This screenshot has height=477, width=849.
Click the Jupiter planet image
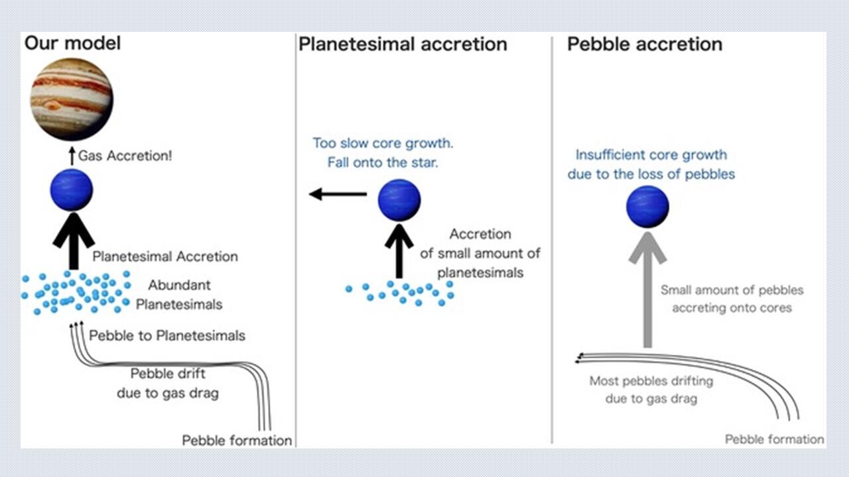72,99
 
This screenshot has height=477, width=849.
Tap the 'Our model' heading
73,44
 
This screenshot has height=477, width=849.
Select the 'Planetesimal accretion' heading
403,44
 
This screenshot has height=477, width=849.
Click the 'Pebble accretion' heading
644,44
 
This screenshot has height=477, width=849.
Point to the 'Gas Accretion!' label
125,157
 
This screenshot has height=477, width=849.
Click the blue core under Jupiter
72,190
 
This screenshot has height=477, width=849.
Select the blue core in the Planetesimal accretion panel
399,200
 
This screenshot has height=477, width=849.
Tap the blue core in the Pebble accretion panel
647,207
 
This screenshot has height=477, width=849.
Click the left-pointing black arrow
338,194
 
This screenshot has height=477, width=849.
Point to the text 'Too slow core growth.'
383,143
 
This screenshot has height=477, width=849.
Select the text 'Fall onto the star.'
383,162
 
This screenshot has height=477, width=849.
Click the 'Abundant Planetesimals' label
185,295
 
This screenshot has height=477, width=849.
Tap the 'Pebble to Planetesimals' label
167,335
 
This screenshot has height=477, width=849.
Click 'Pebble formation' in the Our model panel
237,441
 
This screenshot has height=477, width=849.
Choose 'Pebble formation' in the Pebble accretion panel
774,439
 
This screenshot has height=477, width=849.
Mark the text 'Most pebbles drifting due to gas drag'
651,390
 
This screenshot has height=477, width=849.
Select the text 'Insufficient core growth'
651,155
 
